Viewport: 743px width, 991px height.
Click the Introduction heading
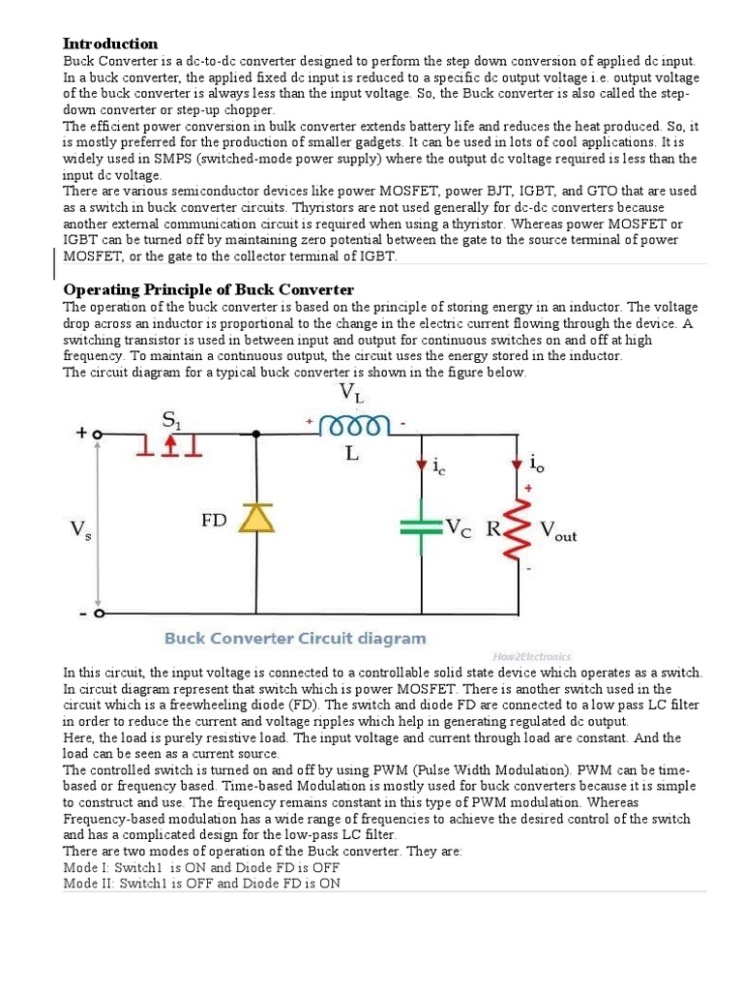coord(110,44)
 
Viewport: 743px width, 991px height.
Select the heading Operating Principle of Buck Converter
coord(208,289)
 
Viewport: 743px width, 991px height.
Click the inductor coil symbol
coord(355,427)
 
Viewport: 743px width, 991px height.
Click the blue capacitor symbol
coord(422,527)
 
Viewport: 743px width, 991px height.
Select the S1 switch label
coord(173,420)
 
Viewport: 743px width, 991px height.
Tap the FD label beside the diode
coord(214,520)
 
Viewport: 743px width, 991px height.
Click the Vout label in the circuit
coord(558,531)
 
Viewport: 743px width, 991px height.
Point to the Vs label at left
coord(81,530)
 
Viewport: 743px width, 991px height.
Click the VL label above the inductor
coord(352,394)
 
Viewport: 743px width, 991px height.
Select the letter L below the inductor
coord(352,453)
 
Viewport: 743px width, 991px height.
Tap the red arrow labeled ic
coord(422,465)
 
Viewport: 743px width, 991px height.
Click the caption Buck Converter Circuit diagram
coord(294,639)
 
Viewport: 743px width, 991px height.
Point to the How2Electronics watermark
coord(533,656)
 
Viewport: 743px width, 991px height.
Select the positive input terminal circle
coord(98,435)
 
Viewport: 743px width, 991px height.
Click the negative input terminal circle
coord(98,613)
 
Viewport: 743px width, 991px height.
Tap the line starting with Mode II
coord(201,883)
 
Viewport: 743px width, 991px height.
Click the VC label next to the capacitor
coord(459,527)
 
